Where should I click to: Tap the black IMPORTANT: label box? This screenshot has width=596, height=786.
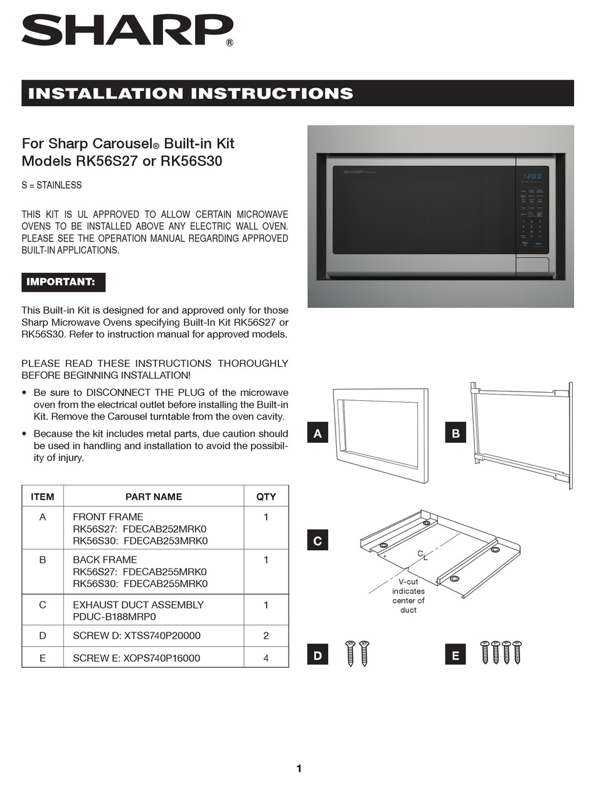click(x=63, y=282)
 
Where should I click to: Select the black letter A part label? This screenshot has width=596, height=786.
click(x=317, y=433)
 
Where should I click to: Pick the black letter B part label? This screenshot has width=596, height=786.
click(x=455, y=433)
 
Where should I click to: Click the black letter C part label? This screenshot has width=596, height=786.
click(x=317, y=541)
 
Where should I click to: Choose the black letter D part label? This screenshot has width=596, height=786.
click(x=317, y=656)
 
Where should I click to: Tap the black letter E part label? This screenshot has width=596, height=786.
click(x=455, y=656)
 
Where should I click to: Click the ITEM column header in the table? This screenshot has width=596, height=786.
click(x=43, y=496)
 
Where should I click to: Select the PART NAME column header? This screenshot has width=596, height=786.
click(x=154, y=496)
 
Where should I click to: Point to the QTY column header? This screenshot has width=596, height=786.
click(x=266, y=496)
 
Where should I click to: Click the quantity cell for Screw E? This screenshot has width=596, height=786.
click(x=266, y=658)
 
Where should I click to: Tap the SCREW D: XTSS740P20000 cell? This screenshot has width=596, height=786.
click(x=137, y=635)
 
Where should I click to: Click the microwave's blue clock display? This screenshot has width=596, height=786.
click(x=532, y=177)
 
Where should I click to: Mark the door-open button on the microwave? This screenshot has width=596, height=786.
click(x=532, y=265)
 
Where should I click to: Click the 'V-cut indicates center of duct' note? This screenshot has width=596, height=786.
click(x=408, y=596)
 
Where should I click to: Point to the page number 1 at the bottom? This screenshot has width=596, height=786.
click(x=299, y=768)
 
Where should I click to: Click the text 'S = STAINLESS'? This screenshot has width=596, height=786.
click(x=51, y=185)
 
